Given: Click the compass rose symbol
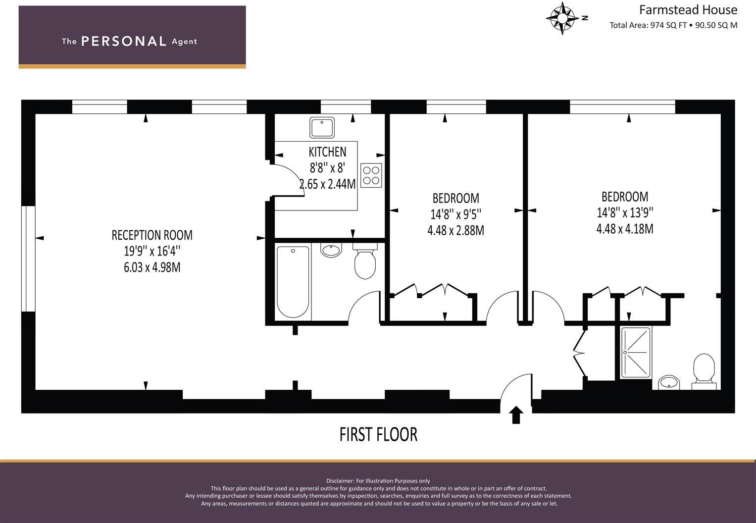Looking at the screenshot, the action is tap(562, 18).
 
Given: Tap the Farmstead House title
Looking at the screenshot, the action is tap(688, 10).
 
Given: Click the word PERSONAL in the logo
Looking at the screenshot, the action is tap(123, 41).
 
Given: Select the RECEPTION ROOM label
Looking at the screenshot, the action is tap(152, 235).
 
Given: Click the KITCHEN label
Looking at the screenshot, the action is tap(327, 152).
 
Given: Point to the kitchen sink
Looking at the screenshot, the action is tap(322, 127).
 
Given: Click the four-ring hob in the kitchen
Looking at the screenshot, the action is tap(371, 175).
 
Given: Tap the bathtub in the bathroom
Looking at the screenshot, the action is tap(293, 281).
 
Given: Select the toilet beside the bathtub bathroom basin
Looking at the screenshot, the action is tap(365, 262).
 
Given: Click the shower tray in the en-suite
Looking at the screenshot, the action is tap(636, 352).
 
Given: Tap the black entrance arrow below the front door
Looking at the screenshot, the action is tap(516, 415).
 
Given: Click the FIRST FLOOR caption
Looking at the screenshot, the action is tap(378, 434).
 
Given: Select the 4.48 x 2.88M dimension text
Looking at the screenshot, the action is tap(455, 230).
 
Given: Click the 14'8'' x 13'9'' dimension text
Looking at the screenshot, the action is tap(625, 212).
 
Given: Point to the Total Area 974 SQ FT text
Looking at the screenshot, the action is tap(648, 25).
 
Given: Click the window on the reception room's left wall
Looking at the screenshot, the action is tap(29, 259).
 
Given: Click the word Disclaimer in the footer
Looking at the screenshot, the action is tap(340, 481).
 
